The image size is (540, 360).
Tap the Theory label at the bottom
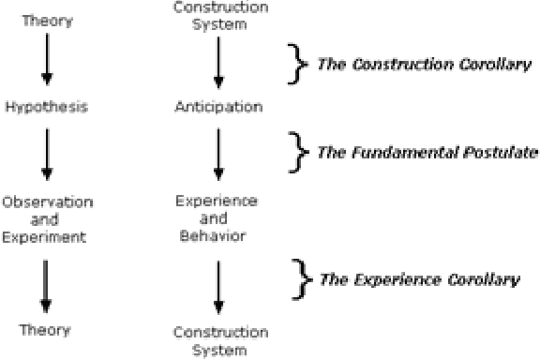[45, 329]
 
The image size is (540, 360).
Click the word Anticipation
[218, 107]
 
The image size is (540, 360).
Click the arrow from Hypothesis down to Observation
[45, 153]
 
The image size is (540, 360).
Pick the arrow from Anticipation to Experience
[218, 153]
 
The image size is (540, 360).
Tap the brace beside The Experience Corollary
[301, 278]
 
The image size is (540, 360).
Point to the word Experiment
[45, 236]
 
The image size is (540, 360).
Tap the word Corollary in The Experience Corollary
[487, 279]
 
